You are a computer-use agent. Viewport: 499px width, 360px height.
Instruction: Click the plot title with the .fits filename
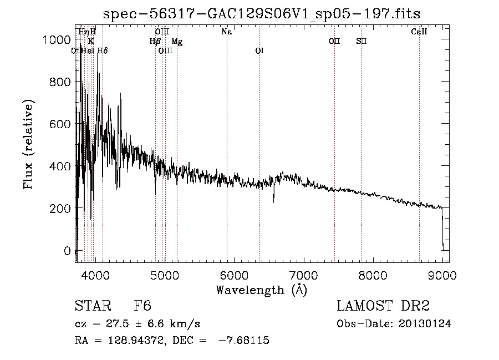point(261,14)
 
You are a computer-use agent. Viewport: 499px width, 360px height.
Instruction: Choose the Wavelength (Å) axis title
point(261,290)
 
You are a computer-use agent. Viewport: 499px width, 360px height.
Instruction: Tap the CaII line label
point(419,32)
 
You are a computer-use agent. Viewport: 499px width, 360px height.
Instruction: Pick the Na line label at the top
point(227,32)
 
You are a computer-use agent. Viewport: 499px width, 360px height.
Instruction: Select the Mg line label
point(177,42)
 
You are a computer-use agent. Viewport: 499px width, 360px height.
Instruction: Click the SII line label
point(361,42)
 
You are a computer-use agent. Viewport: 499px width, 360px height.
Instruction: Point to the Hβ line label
point(155,42)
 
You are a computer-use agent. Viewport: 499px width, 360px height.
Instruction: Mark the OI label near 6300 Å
point(259,51)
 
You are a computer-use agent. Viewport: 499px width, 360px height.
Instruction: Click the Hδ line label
point(103,51)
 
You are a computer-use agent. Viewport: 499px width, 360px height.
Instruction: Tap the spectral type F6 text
point(142,307)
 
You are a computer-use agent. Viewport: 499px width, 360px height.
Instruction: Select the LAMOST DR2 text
point(383,307)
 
